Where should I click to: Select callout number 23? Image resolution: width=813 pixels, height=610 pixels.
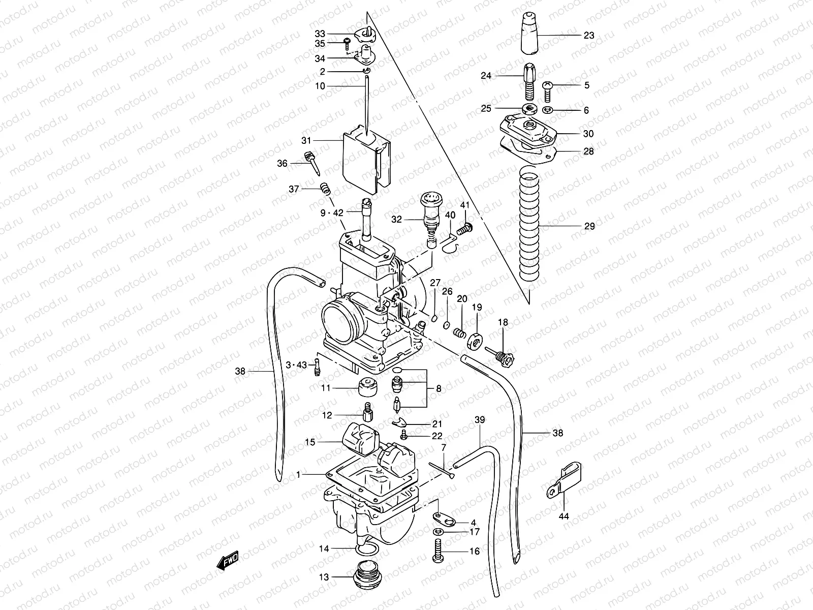tap(588, 36)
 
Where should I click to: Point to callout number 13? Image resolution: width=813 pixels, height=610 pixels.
tap(324, 577)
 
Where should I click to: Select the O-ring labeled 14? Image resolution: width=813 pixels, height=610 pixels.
tap(367, 551)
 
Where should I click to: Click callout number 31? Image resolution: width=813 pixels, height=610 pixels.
tap(320, 140)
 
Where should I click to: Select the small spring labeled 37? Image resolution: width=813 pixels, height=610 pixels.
tap(326, 190)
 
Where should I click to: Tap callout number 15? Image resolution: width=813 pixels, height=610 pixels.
tap(310, 442)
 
